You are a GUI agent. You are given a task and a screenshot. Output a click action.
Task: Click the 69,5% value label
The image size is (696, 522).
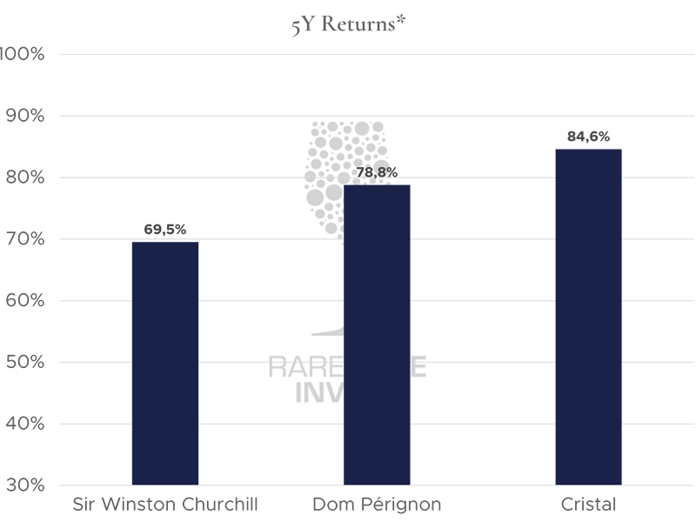click(x=165, y=230)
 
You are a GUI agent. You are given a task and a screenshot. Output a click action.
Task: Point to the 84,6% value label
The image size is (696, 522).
click(x=588, y=137)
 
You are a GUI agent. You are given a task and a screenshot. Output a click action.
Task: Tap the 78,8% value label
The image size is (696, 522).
click(x=377, y=172)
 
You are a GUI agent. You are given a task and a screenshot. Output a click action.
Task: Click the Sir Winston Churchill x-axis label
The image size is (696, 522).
click(x=165, y=505)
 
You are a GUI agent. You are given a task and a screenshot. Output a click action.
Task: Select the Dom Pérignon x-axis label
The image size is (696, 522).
click(x=377, y=505)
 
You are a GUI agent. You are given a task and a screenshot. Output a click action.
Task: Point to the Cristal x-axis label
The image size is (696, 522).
click(x=588, y=505)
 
